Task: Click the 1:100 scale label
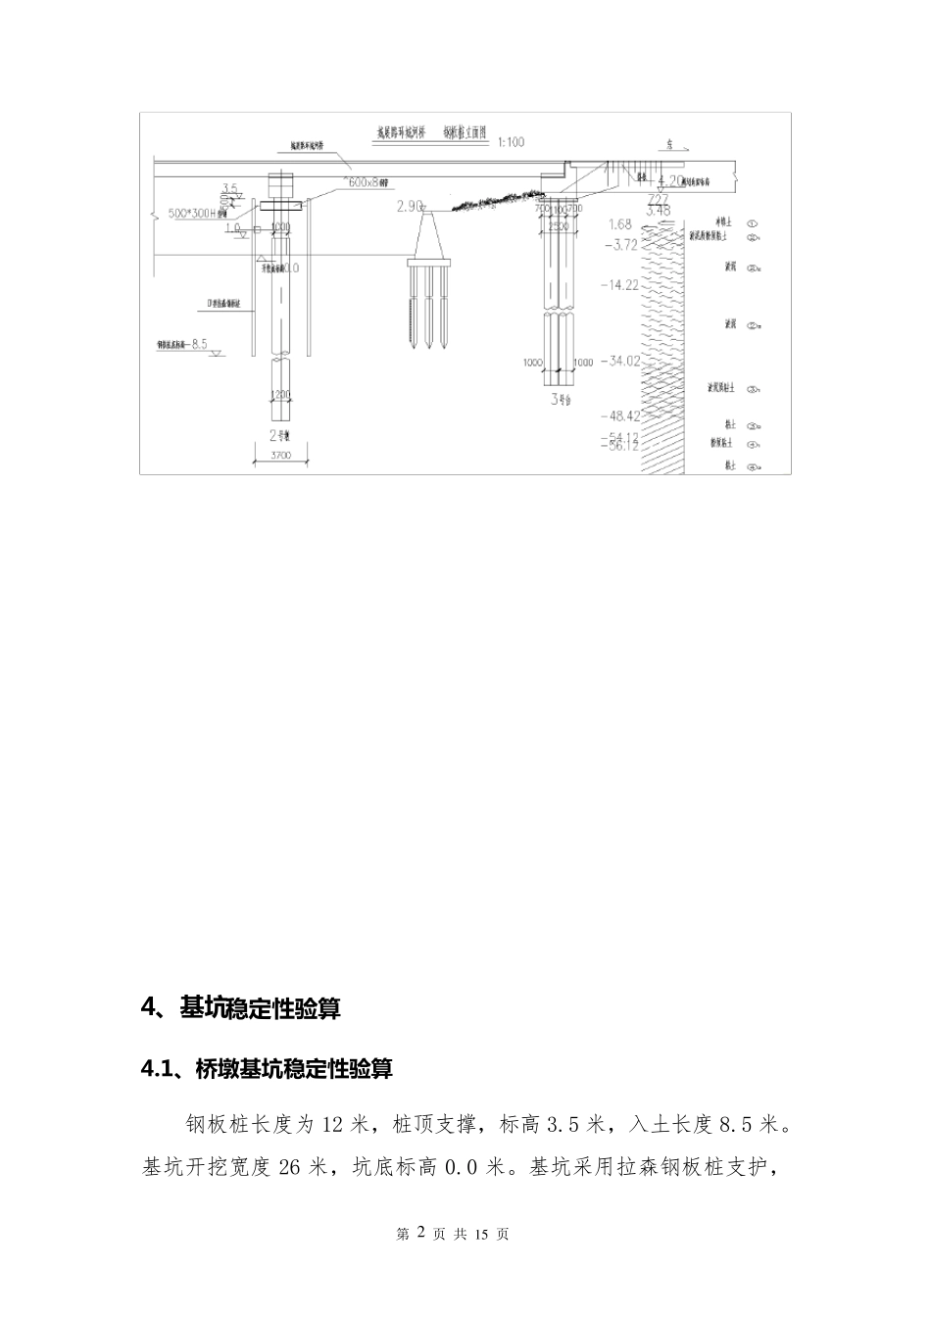click(x=511, y=142)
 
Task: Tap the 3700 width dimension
click(x=282, y=456)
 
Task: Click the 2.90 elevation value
click(x=410, y=207)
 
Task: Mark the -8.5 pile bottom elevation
click(x=197, y=344)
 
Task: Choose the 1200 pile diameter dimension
click(x=281, y=394)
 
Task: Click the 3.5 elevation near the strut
click(x=230, y=187)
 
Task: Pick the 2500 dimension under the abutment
click(x=560, y=226)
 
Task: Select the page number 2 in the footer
click(x=421, y=1233)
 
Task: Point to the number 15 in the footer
click(x=481, y=1234)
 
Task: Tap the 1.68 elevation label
click(x=620, y=224)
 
